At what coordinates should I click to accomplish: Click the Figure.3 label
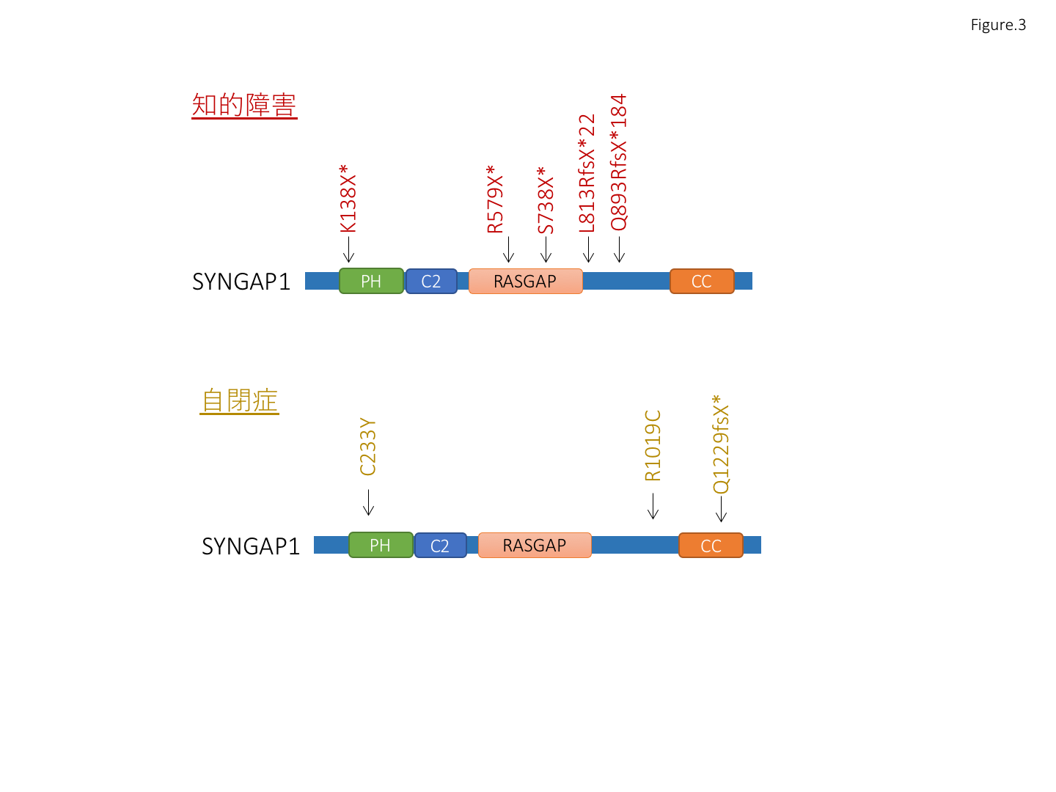998,25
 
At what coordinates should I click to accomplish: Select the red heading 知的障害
244,105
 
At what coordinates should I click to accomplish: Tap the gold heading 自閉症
240,400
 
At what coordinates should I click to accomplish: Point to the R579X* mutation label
496,199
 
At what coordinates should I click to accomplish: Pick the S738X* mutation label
546,200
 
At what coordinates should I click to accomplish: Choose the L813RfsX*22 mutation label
587,173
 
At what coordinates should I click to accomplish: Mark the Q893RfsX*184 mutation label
620,162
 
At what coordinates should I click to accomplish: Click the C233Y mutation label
368,447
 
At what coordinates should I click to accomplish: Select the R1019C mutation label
653,445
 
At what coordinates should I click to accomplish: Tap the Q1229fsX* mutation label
722,444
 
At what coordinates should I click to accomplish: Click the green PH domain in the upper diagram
371,281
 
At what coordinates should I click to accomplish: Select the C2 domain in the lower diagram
440,546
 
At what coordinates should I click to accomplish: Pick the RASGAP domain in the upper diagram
525,281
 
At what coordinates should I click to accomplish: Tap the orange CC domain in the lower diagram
711,546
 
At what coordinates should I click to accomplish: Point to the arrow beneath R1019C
653,506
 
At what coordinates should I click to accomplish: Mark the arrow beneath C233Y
368,502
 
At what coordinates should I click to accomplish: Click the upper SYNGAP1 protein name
241,282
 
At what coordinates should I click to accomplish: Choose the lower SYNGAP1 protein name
251,546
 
